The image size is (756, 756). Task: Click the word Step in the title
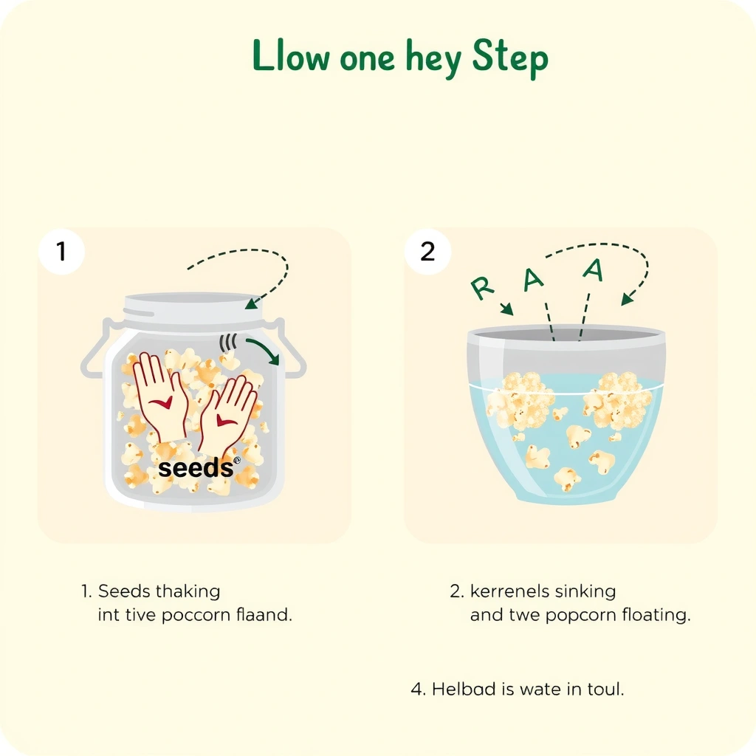click(x=510, y=58)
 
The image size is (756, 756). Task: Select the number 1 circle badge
click(x=62, y=251)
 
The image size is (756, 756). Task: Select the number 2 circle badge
click(x=427, y=251)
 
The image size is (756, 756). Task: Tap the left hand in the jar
click(x=160, y=396)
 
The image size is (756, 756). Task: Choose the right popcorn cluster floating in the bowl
click(x=617, y=400)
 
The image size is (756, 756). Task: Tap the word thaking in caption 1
click(x=188, y=591)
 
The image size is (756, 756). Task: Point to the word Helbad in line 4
click(x=464, y=689)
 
